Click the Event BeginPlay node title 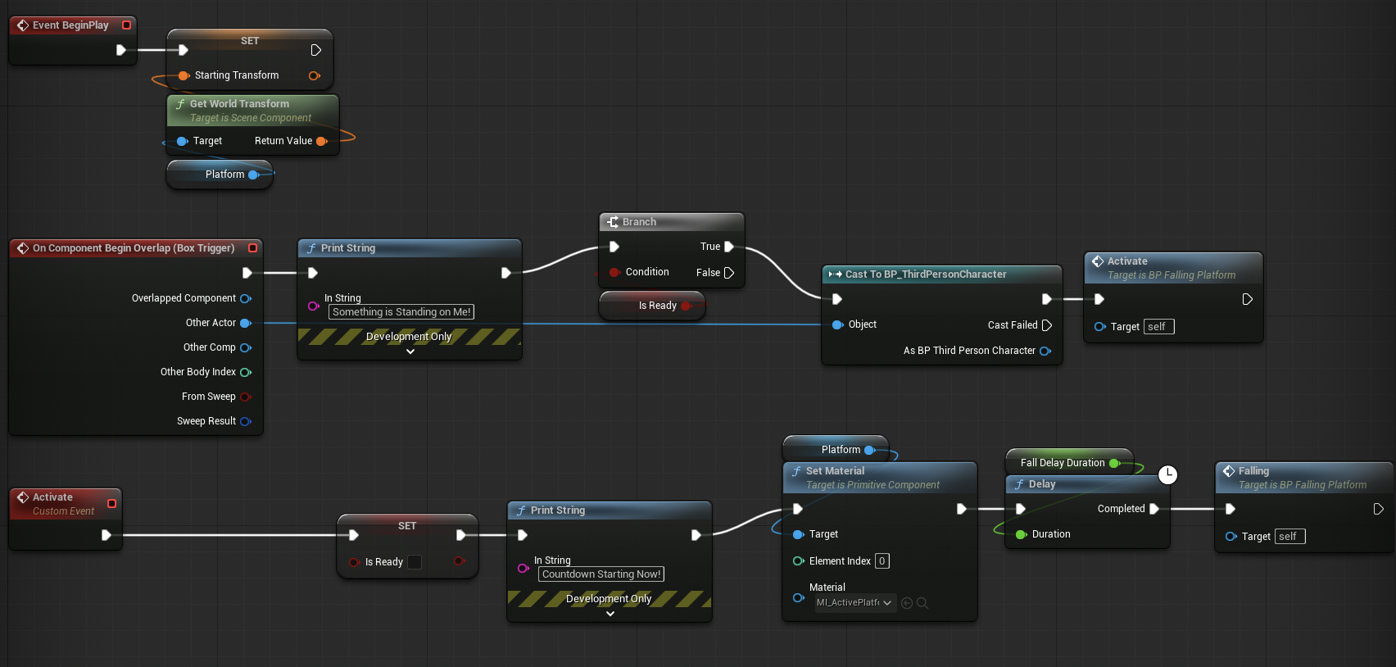coord(70,25)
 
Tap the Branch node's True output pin coord(729,247)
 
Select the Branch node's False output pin coord(729,272)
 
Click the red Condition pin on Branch coord(614,272)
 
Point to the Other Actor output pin coord(246,323)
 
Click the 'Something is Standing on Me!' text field coord(401,311)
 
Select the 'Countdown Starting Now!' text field coord(601,574)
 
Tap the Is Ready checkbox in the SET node coord(415,561)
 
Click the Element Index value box coord(882,561)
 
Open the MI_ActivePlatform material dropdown coord(855,603)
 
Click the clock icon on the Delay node coord(1168,475)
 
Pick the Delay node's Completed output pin coord(1154,509)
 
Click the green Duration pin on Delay coord(1021,534)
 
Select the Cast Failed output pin coord(1047,324)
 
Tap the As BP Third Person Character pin coord(1045,351)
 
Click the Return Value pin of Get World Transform coord(322,141)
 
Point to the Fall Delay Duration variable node coord(1069,462)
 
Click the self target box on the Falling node coord(1290,536)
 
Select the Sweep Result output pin coord(246,421)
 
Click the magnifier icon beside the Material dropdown coord(922,603)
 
